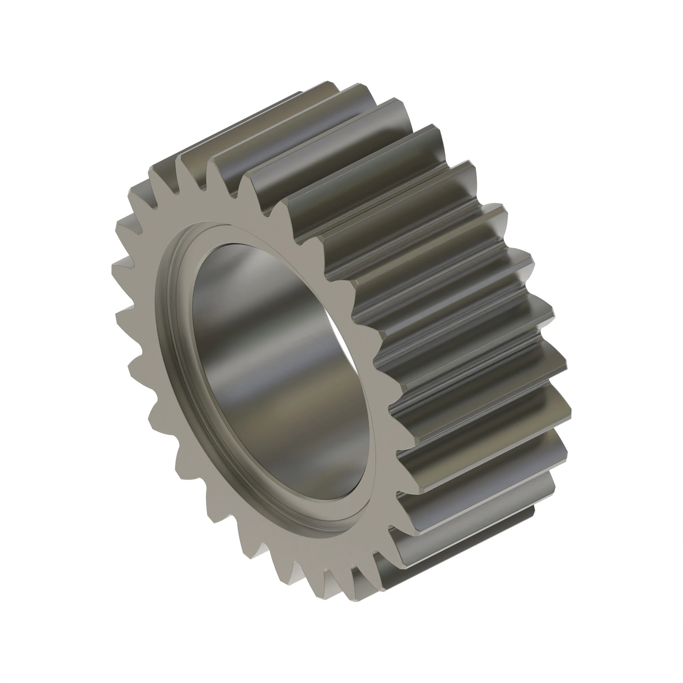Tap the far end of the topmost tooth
[x=332, y=85]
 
